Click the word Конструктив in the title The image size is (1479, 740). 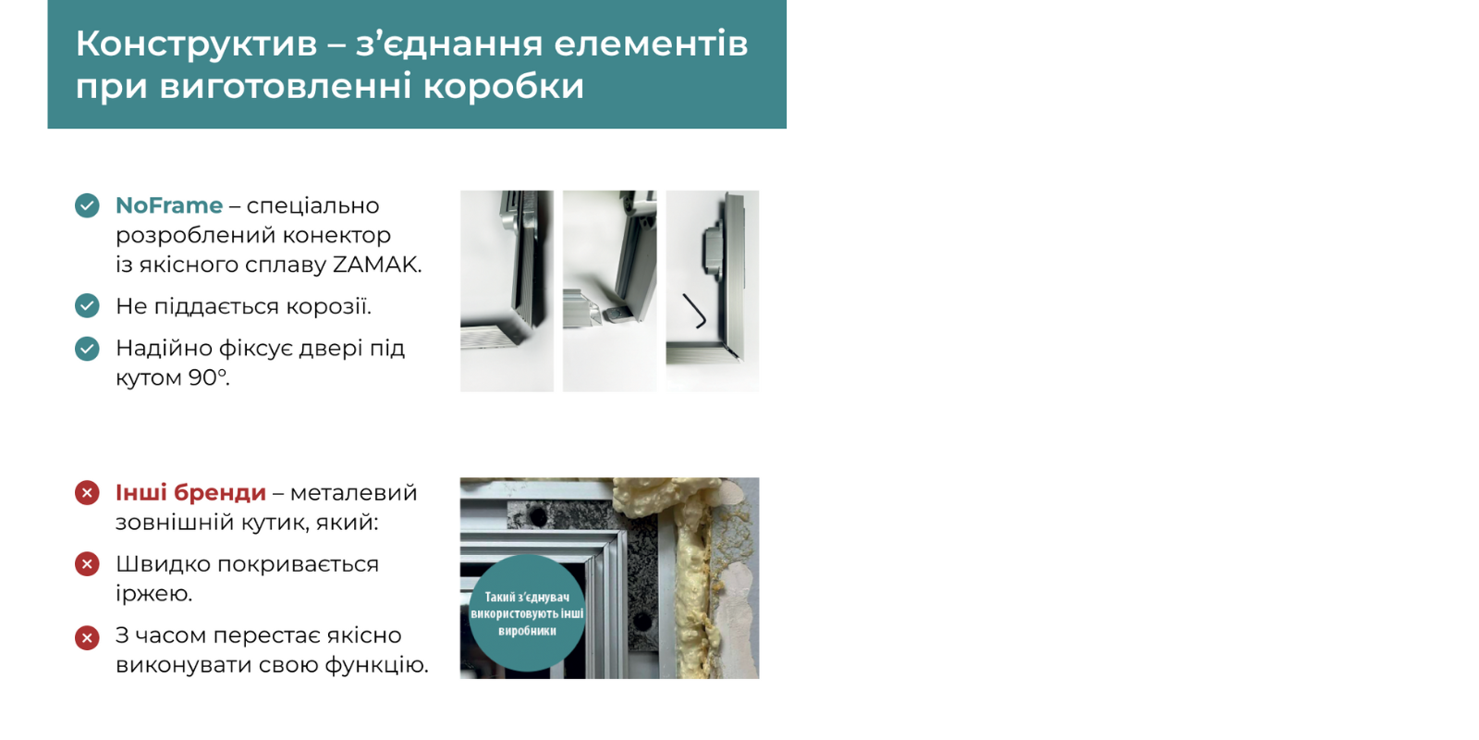[196, 43]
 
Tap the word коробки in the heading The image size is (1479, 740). [504, 87]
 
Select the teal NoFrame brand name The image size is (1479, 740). [169, 205]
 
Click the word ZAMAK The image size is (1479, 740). [376, 265]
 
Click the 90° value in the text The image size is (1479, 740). [209, 377]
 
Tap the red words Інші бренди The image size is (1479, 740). [190, 493]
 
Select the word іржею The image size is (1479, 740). [153, 593]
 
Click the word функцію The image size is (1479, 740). [375, 665]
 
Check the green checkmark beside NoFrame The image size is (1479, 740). [87, 205]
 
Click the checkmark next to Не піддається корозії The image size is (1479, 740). [87, 306]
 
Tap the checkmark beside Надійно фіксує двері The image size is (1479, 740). [87, 348]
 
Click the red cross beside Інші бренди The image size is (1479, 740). [87, 493]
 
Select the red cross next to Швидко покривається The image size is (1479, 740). [87, 564]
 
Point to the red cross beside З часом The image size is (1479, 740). [87, 638]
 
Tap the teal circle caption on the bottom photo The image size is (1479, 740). [527, 613]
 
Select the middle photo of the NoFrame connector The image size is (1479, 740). [609, 290]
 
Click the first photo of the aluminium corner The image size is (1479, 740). [507, 290]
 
